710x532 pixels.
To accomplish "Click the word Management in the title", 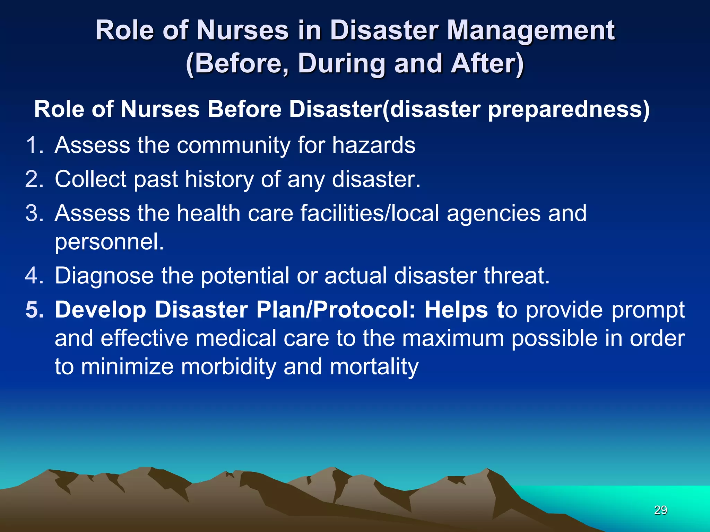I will tap(530, 30).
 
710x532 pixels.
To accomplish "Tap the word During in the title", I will tap(341, 64).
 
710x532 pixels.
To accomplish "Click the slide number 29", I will tap(660, 510).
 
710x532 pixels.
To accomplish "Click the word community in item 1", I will tap(233, 145).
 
